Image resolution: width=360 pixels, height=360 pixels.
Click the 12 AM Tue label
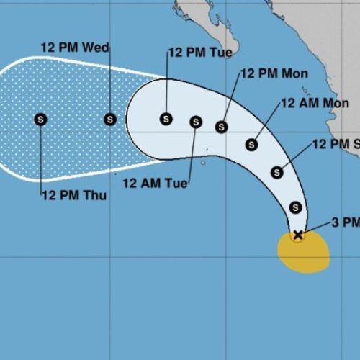point(155,184)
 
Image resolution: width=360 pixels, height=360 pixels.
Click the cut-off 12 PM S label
point(336,145)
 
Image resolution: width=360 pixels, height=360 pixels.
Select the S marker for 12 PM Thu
point(40,119)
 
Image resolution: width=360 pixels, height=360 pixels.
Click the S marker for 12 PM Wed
point(109,119)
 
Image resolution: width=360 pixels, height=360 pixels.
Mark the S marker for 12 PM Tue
point(166,119)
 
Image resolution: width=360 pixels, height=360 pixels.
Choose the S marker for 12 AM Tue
point(195,122)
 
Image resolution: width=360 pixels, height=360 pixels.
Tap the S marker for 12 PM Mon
point(222,127)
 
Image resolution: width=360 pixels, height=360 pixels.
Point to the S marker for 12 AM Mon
point(251,145)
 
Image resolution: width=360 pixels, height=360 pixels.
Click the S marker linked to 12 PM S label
point(277,172)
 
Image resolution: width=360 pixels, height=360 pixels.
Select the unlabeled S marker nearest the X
point(295,207)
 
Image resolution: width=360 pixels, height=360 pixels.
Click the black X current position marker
point(298,235)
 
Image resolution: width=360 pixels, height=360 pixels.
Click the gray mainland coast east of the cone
point(346,108)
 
